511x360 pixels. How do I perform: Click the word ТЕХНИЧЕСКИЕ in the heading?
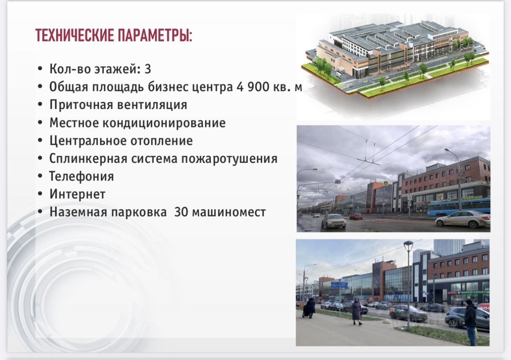[74, 36]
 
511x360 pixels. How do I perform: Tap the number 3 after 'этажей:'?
[148, 69]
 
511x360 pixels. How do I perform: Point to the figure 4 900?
[253, 87]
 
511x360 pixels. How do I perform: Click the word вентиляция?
[152, 105]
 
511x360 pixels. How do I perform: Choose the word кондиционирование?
[164, 123]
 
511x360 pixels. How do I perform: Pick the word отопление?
[158, 141]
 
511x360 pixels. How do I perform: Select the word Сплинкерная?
[88, 159]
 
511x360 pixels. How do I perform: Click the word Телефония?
[81, 176]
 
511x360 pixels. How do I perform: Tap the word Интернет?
[77, 194]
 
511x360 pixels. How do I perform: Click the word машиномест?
[229, 212]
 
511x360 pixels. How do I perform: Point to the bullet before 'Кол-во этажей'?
[40, 69]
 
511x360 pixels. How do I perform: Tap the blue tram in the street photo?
[458, 206]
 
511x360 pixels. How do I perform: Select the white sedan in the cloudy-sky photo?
[463, 219]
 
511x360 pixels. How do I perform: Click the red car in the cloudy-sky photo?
[356, 216]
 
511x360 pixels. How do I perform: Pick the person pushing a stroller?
[309, 308]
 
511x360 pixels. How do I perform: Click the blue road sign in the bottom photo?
[339, 285]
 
